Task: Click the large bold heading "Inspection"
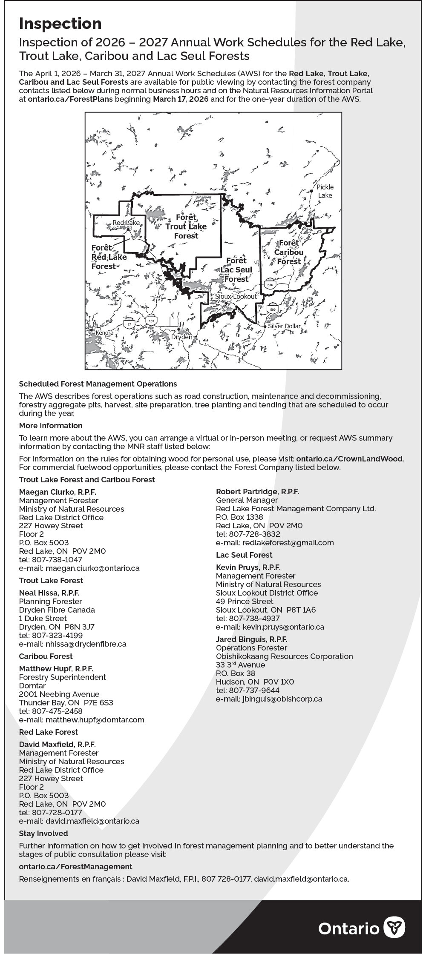60,24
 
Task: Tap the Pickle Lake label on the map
325,191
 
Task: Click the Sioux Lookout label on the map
236,296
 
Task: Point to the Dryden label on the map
182,337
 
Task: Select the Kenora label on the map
104,332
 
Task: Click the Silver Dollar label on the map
284,326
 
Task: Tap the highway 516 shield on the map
270,284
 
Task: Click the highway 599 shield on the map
273,309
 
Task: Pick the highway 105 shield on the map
152,321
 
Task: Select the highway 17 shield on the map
129,324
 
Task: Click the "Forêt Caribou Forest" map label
289,252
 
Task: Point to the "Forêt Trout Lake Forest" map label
186,226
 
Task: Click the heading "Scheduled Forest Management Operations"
98,384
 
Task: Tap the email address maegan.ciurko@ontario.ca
92,568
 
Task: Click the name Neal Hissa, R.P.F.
49,593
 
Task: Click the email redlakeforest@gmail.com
288,543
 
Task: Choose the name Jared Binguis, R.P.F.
252,639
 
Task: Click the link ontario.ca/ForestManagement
75,867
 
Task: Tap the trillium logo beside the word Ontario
394,928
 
